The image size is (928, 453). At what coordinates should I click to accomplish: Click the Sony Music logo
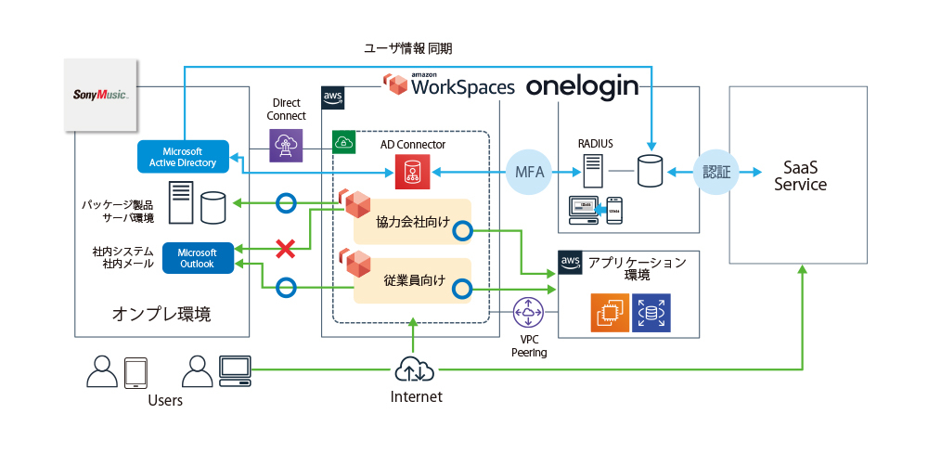tap(99, 96)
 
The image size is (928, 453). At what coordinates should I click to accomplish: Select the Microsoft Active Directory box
tap(183, 157)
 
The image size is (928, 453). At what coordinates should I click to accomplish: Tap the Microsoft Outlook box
tap(197, 258)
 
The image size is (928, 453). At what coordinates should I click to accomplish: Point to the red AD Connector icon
tap(408, 172)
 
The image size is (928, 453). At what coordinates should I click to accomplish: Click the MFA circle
tap(530, 173)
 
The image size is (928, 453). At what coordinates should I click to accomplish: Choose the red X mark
tap(286, 248)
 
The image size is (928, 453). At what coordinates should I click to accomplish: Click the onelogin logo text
tap(582, 87)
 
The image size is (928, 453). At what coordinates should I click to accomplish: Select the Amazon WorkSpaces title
tap(450, 86)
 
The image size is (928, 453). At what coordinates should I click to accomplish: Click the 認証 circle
tap(716, 173)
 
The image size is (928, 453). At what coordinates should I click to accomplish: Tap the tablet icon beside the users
tap(136, 372)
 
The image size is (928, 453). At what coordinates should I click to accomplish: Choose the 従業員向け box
tap(413, 279)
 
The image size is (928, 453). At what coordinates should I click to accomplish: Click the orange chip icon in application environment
tap(610, 313)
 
